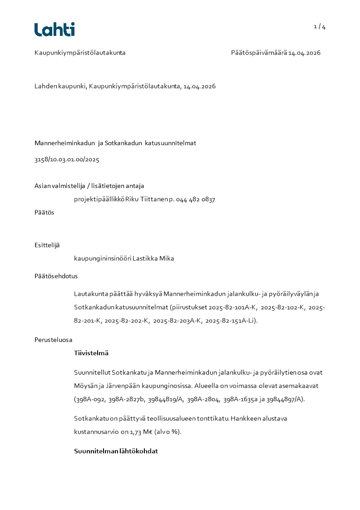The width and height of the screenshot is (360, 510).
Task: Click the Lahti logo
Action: (x=54, y=30)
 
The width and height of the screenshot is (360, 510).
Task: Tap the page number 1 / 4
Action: (x=320, y=27)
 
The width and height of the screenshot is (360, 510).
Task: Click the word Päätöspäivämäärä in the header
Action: (x=258, y=53)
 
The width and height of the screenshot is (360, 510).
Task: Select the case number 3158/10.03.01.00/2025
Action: (x=67, y=159)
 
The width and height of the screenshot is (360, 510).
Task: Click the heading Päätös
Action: (x=44, y=212)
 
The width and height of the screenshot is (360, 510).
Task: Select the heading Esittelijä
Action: (x=47, y=245)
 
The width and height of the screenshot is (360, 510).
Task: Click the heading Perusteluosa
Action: (x=53, y=340)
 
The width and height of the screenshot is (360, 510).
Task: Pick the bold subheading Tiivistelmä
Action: (x=91, y=353)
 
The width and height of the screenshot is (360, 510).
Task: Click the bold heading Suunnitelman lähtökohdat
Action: (x=116, y=451)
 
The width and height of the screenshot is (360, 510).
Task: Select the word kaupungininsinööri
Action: (x=103, y=258)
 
